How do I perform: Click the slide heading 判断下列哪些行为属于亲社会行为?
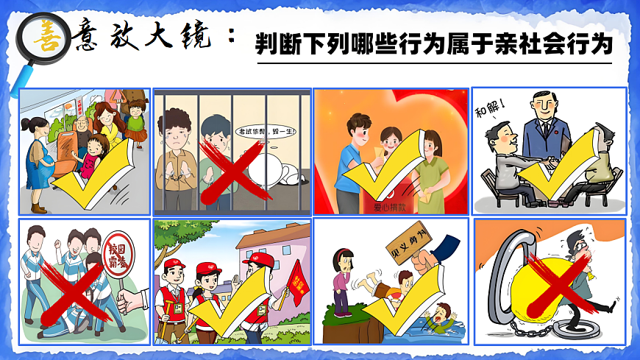(434, 45)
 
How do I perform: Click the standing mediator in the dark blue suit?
(545, 125)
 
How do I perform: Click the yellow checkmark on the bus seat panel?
(96, 173)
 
